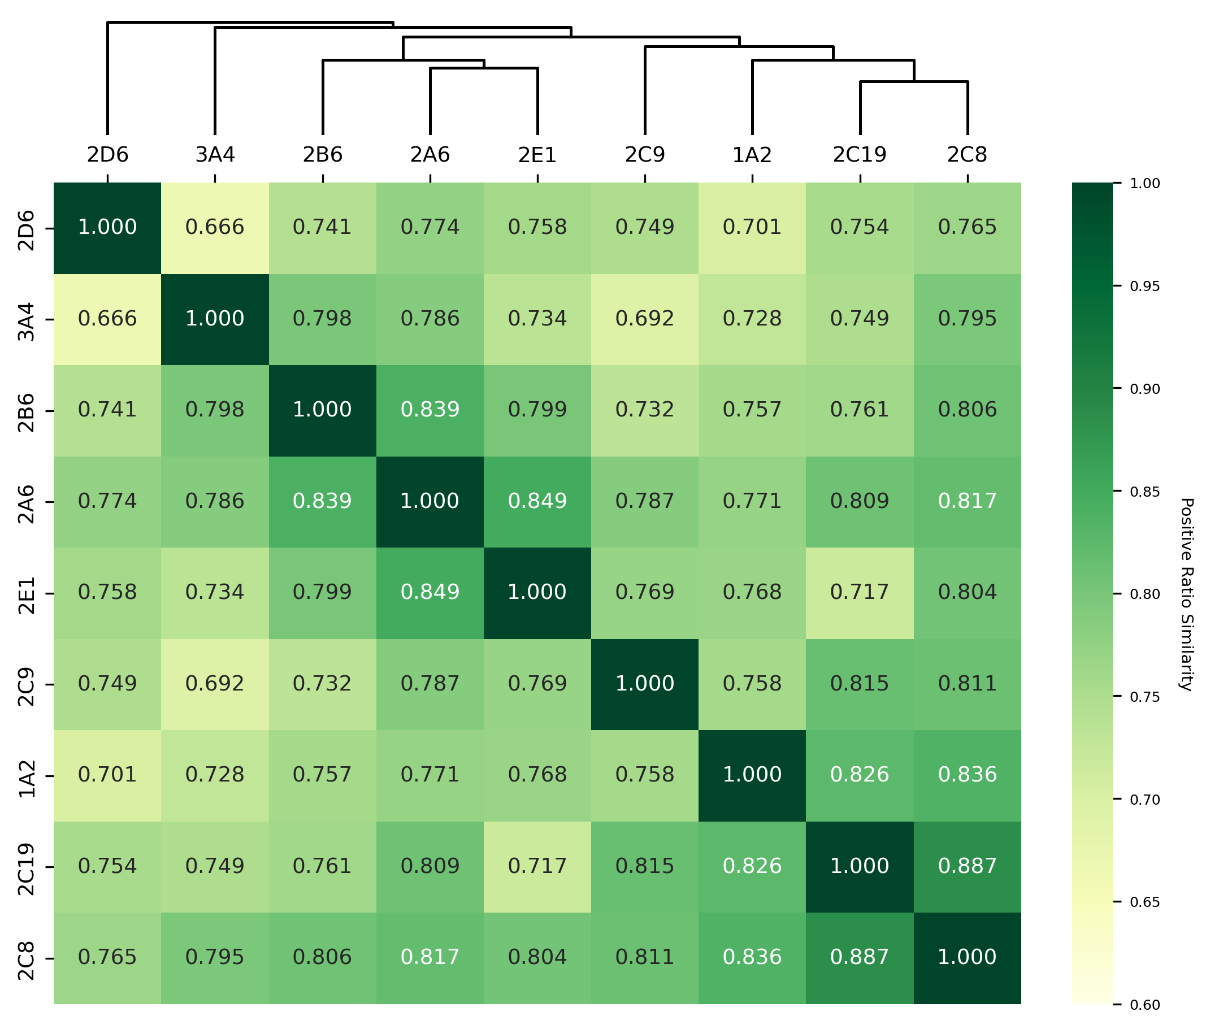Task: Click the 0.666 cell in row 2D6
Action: click(x=215, y=227)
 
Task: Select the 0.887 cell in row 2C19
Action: click(x=967, y=866)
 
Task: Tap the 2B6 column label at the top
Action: click(x=322, y=155)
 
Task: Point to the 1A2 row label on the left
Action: click(x=27, y=775)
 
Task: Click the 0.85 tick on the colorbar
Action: click(x=1144, y=491)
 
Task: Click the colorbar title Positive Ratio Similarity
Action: click(x=1186, y=593)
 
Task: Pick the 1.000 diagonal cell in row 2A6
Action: click(x=430, y=501)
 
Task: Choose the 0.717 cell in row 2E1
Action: click(x=860, y=592)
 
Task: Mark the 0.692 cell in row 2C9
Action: click(x=215, y=683)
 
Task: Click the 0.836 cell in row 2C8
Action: click(x=752, y=957)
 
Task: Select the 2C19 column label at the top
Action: click(x=860, y=155)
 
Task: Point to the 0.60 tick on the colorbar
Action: click(x=1144, y=1005)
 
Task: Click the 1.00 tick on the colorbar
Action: click(x=1144, y=183)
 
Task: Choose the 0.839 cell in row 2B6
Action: click(x=430, y=410)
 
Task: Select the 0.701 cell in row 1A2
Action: click(x=107, y=775)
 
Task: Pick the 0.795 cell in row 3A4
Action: click(x=967, y=319)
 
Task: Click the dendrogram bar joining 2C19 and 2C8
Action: click(x=914, y=82)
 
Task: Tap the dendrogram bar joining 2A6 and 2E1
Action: click(x=484, y=68)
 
